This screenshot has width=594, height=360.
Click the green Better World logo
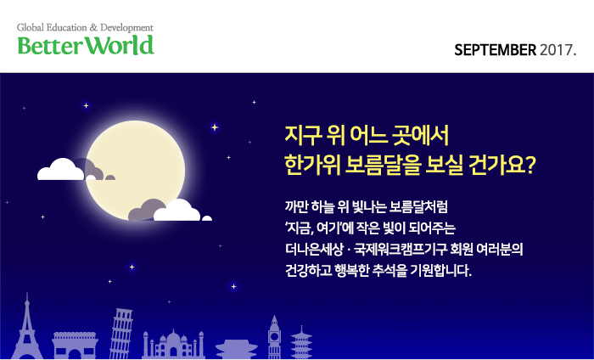coord(86,46)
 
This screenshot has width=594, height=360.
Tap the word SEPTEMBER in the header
coord(495,50)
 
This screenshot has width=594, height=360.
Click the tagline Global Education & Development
coord(85,28)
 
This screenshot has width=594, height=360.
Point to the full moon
coord(135,171)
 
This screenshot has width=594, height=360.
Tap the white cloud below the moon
coord(177,211)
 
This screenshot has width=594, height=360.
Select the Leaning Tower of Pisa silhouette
coord(120,334)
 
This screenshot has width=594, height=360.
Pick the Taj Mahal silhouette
coord(173,344)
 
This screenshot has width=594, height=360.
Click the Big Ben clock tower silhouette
coord(274,336)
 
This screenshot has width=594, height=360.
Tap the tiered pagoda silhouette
coord(301,342)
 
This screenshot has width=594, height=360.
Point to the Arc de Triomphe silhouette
coord(75,346)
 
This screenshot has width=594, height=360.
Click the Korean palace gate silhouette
coord(237,350)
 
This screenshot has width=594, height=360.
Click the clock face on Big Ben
coord(274,336)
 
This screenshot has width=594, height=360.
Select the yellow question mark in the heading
coord(530,166)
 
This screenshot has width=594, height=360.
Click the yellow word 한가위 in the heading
coord(312,166)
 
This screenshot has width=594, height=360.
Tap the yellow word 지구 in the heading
coord(303,135)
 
